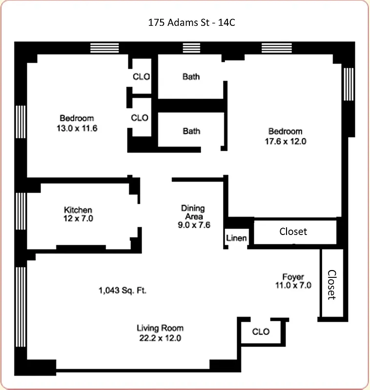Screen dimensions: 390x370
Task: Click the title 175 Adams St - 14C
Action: pyautogui.click(x=185, y=22)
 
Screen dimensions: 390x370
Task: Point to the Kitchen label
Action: pyautogui.click(x=78, y=210)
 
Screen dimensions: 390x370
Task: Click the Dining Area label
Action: pyautogui.click(x=193, y=212)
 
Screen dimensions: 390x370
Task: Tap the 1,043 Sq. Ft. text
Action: pyautogui.click(x=123, y=291)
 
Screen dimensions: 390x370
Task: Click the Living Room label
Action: pyautogui.click(x=160, y=328)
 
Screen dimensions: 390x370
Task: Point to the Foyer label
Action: pyautogui.click(x=293, y=276)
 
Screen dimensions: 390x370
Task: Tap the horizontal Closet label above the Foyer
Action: pyautogui.click(x=293, y=231)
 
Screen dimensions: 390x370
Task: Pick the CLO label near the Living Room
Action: pyautogui.click(x=261, y=332)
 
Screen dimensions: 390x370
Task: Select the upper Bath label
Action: pyautogui.click(x=191, y=77)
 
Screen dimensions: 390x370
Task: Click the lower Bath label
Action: pyautogui.click(x=191, y=131)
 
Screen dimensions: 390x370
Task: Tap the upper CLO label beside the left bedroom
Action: pyautogui.click(x=141, y=77)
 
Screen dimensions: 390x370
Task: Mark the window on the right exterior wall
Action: pyautogui.click(x=348, y=84)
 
